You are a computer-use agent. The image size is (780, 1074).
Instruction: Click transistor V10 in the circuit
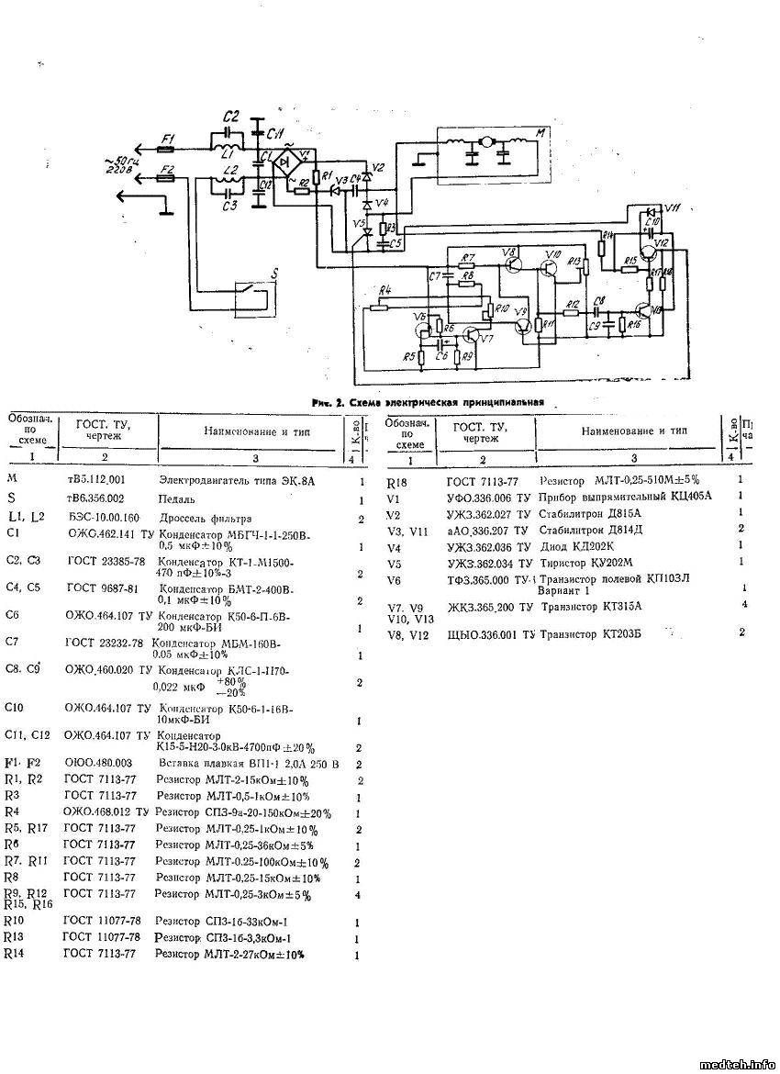(x=548, y=268)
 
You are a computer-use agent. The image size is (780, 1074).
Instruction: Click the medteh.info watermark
(x=736, y=1064)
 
